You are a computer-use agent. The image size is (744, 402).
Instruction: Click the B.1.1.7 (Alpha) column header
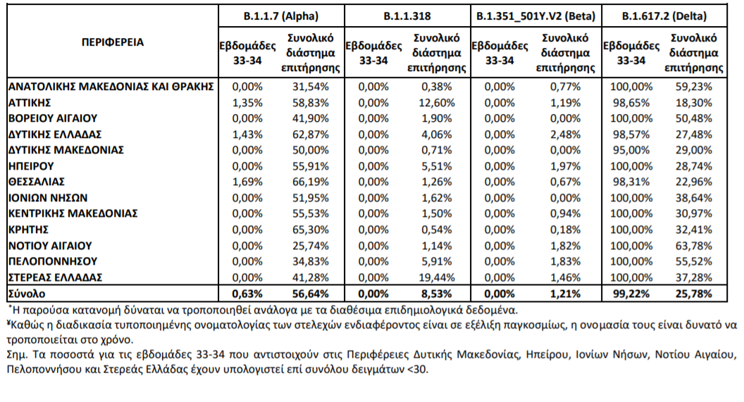point(281,16)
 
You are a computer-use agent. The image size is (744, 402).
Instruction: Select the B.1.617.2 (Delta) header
point(664,16)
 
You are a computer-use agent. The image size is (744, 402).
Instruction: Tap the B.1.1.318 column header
point(407,16)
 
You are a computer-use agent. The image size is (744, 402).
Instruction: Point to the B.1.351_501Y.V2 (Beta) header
point(535,16)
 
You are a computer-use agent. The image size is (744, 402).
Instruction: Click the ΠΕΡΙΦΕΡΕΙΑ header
point(113,42)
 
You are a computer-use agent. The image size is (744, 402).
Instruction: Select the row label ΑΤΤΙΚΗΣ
point(30,102)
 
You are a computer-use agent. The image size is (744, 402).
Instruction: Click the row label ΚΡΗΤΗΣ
point(28,230)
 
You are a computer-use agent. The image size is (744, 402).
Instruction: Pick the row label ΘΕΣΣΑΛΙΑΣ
point(37,182)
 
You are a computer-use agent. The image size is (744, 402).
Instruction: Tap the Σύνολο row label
point(27,294)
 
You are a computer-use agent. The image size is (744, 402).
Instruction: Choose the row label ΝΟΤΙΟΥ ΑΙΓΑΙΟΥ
point(50,246)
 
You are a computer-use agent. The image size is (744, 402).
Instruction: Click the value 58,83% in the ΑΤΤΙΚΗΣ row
point(310,102)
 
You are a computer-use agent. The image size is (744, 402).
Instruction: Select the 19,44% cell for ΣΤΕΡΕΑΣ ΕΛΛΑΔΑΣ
point(437,277)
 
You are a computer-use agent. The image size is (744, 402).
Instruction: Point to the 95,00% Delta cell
point(631,150)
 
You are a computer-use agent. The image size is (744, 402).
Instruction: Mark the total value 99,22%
point(631,294)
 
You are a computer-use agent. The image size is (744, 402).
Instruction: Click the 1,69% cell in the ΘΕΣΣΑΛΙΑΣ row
point(247,182)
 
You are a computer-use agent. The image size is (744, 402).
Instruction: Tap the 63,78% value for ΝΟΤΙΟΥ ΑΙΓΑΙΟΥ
point(694,246)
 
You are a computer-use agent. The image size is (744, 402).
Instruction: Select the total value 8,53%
point(437,294)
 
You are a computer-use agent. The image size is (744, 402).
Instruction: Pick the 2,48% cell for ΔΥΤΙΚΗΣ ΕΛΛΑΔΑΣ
point(565,134)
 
